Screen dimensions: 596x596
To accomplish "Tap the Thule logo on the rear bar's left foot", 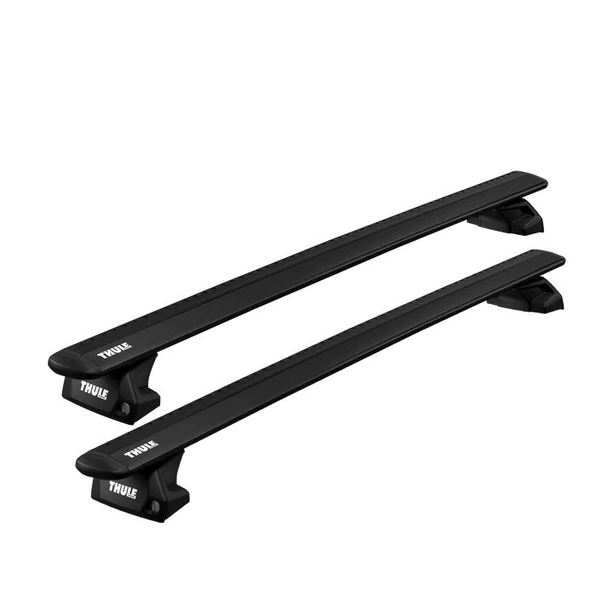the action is [95, 390].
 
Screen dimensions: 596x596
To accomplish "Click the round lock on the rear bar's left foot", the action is [124, 408].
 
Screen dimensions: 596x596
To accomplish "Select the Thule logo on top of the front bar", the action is [141, 449].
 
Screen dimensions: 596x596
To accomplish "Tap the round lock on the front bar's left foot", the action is [154, 507].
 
